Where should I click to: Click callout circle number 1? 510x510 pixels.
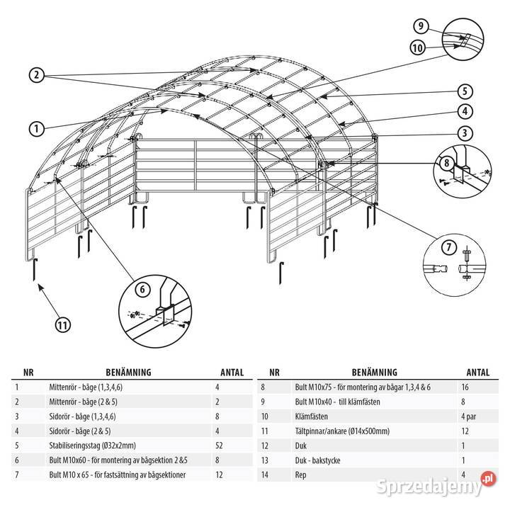[x=36, y=129]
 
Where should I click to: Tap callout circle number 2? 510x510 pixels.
[x=36, y=75]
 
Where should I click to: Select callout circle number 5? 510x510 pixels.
[x=465, y=91]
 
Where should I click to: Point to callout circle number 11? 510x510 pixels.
[x=62, y=324]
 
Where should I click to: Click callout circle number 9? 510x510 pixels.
[x=421, y=25]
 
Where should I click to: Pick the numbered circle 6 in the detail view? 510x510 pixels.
[x=142, y=289]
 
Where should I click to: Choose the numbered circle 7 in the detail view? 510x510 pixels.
[x=449, y=247]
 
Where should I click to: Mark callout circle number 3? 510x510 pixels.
[x=465, y=133]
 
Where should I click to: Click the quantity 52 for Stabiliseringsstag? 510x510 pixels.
[x=219, y=446]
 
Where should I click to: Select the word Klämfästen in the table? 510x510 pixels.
[x=311, y=416]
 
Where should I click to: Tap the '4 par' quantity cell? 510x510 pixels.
[x=468, y=416]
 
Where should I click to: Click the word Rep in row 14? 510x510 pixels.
[x=300, y=475]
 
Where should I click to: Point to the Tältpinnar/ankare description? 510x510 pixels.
[x=342, y=431]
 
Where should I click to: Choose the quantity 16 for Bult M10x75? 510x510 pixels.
[x=465, y=387]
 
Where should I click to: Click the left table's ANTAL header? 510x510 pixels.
[x=232, y=373]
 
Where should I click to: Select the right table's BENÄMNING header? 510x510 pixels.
[x=375, y=372]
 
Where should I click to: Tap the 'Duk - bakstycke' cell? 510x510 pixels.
[x=317, y=460]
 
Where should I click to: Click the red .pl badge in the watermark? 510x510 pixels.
[x=488, y=479]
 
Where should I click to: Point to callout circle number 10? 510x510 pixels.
[x=418, y=48]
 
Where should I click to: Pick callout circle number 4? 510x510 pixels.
[x=465, y=112]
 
